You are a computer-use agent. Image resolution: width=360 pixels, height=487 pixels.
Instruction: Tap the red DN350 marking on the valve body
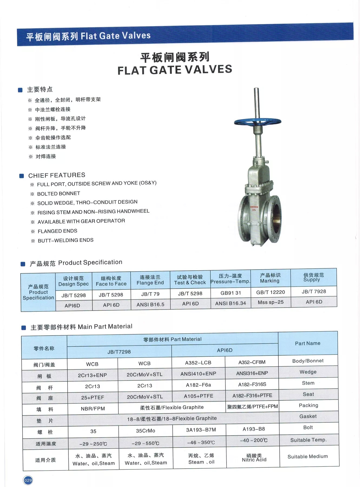click(254, 208)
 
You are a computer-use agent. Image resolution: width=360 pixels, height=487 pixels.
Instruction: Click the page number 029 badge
click(28, 480)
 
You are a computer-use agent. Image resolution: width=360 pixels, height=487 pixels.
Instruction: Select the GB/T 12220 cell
click(270, 292)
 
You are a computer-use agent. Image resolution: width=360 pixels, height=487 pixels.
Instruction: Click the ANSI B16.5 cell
click(150, 304)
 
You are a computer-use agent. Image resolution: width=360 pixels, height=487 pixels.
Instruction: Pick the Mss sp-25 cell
click(270, 302)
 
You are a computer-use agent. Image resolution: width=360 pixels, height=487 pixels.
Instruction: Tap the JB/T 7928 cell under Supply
click(314, 291)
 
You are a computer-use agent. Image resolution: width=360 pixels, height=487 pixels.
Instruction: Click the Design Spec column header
click(74, 281)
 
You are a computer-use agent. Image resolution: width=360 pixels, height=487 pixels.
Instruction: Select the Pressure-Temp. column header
click(230, 279)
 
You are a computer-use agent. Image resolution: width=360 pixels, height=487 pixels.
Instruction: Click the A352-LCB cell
click(198, 363)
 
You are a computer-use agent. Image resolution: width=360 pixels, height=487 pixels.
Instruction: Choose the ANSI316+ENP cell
click(252, 373)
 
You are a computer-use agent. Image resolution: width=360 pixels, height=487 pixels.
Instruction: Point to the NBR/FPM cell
click(93, 409)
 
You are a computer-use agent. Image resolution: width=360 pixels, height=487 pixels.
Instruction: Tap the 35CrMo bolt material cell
click(146, 431)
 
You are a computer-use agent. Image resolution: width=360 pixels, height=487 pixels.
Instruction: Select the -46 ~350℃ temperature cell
click(201, 442)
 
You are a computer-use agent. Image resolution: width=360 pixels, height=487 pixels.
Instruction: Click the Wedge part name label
click(308, 372)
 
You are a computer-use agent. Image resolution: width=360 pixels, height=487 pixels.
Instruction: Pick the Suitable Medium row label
click(308, 457)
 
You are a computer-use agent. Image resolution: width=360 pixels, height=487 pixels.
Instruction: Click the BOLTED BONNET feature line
click(59, 194)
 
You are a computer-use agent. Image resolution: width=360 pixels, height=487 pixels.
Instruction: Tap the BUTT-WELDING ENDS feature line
click(65, 241)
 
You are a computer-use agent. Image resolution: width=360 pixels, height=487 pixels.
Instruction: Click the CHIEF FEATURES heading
click(57, 175)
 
